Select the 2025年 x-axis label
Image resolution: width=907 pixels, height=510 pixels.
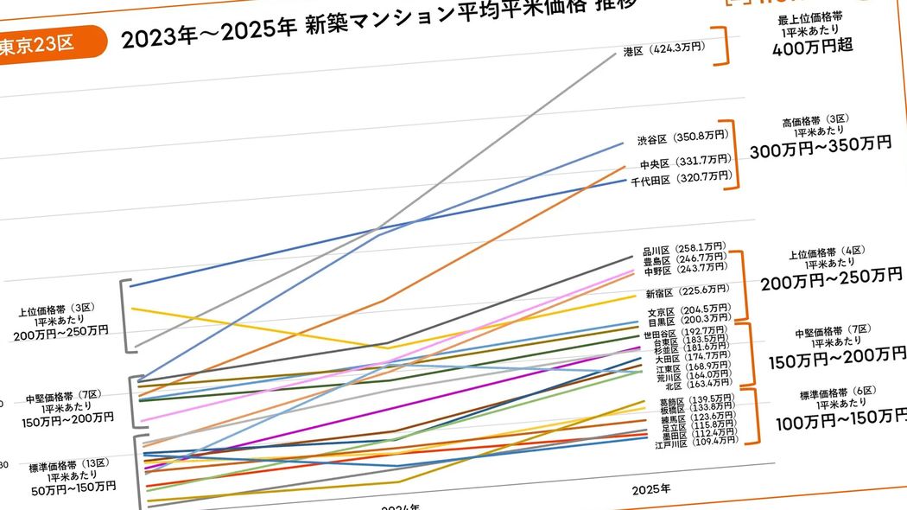(650, 489)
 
